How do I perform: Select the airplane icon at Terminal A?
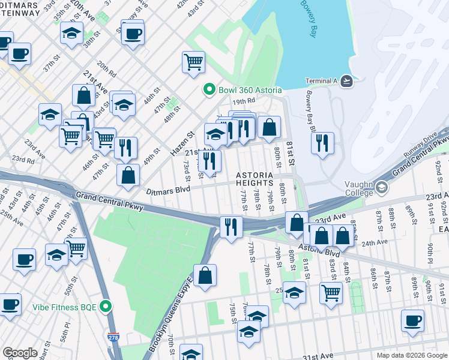point(346,81)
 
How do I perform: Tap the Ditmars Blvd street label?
point(168,190)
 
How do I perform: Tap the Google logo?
point(20,353)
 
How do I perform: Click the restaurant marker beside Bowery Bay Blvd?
point(322,142)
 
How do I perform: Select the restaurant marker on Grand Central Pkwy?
point(231,226)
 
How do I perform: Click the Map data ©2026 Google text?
point(411,355)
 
